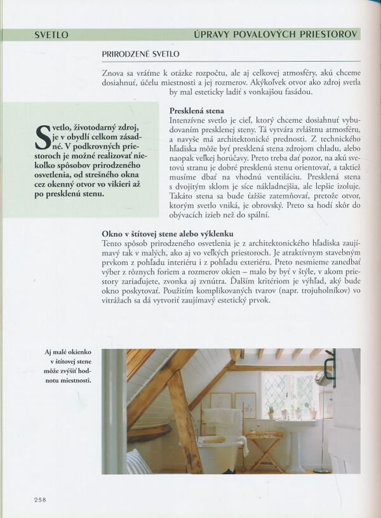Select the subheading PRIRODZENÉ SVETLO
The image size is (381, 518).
coord(140,55)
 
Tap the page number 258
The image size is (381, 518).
coord(41,499)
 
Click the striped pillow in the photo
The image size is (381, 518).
coord(138,461)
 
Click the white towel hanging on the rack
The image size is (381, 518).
coord(222,421)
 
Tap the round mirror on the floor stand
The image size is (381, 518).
coord(325,379)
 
